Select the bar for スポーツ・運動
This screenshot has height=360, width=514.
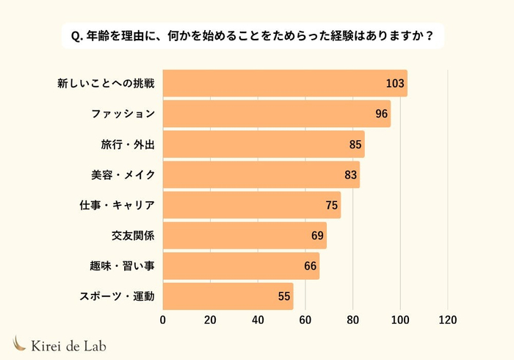[228, 296]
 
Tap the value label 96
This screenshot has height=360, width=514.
[380, 114]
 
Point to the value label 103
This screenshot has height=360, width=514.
[395, 83]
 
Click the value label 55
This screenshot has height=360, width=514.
[284, 296]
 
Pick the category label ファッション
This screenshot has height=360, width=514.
[123, 114]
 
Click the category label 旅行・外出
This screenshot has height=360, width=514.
[128, 144]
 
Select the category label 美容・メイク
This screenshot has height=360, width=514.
[123, 175]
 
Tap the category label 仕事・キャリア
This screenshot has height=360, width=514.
[117, 205]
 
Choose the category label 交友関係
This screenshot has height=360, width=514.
[133, 235]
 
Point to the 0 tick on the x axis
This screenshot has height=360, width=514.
[163, 320]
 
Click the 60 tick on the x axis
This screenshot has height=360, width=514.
[305, 320]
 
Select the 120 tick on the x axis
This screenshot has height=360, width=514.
[447, 320]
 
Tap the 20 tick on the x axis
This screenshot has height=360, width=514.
[210, 320]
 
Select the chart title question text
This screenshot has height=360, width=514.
[257, 35]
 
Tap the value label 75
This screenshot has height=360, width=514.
[331, 205]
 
